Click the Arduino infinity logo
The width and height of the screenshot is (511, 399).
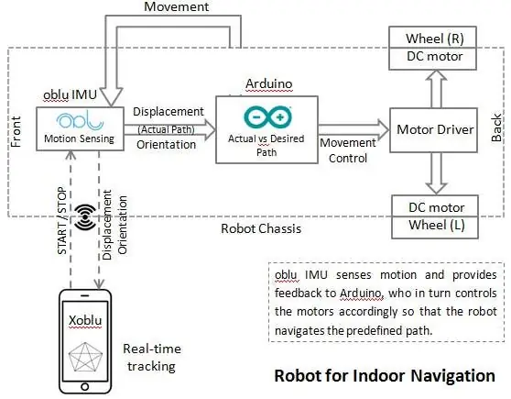pyautogui.click(x=268, y=116)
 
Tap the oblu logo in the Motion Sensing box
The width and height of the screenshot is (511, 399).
pyautogui.click(x=80, y=121)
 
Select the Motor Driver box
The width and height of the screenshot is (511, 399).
pyautogui.click(x=433, y=130)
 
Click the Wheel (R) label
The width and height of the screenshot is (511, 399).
pyautogui.click(x=435, y=39)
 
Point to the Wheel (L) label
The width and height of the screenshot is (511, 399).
pyautogui.click(x=437, y=225)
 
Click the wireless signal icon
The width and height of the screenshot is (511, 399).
pyautogui.click(x=85, y=216)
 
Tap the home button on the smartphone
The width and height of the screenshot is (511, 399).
pyautogui.click(x=85, y=387)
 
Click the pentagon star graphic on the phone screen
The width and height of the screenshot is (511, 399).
pyautogui.click(x=85, y=357)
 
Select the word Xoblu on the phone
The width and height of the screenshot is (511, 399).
pyautogui.click(x=85, y=320)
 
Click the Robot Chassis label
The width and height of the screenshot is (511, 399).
pyautogui.click(x=261, y=228)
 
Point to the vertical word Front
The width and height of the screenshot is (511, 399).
pyautogui.click(x=16, y=131)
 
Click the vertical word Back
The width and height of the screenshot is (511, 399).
pyautogui.click(x=496, y=127)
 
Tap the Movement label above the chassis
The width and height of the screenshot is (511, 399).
pyautogui.click(x=177, y=6)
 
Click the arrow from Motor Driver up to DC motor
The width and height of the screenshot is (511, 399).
pyautogui.click(x=437, y=89)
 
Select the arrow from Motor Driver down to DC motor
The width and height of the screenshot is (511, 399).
pyautogui.click(x=437, y=173)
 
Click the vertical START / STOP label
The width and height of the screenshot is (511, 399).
pyautogui.click(x=62, y=221)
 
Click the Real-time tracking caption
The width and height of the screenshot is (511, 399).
pyautogui.click(x=152, y=358)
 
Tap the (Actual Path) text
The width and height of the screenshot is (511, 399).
pyautogui.click(x=166, y=129)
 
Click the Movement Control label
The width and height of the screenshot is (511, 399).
pyautogui.click(x=348, y=150)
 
